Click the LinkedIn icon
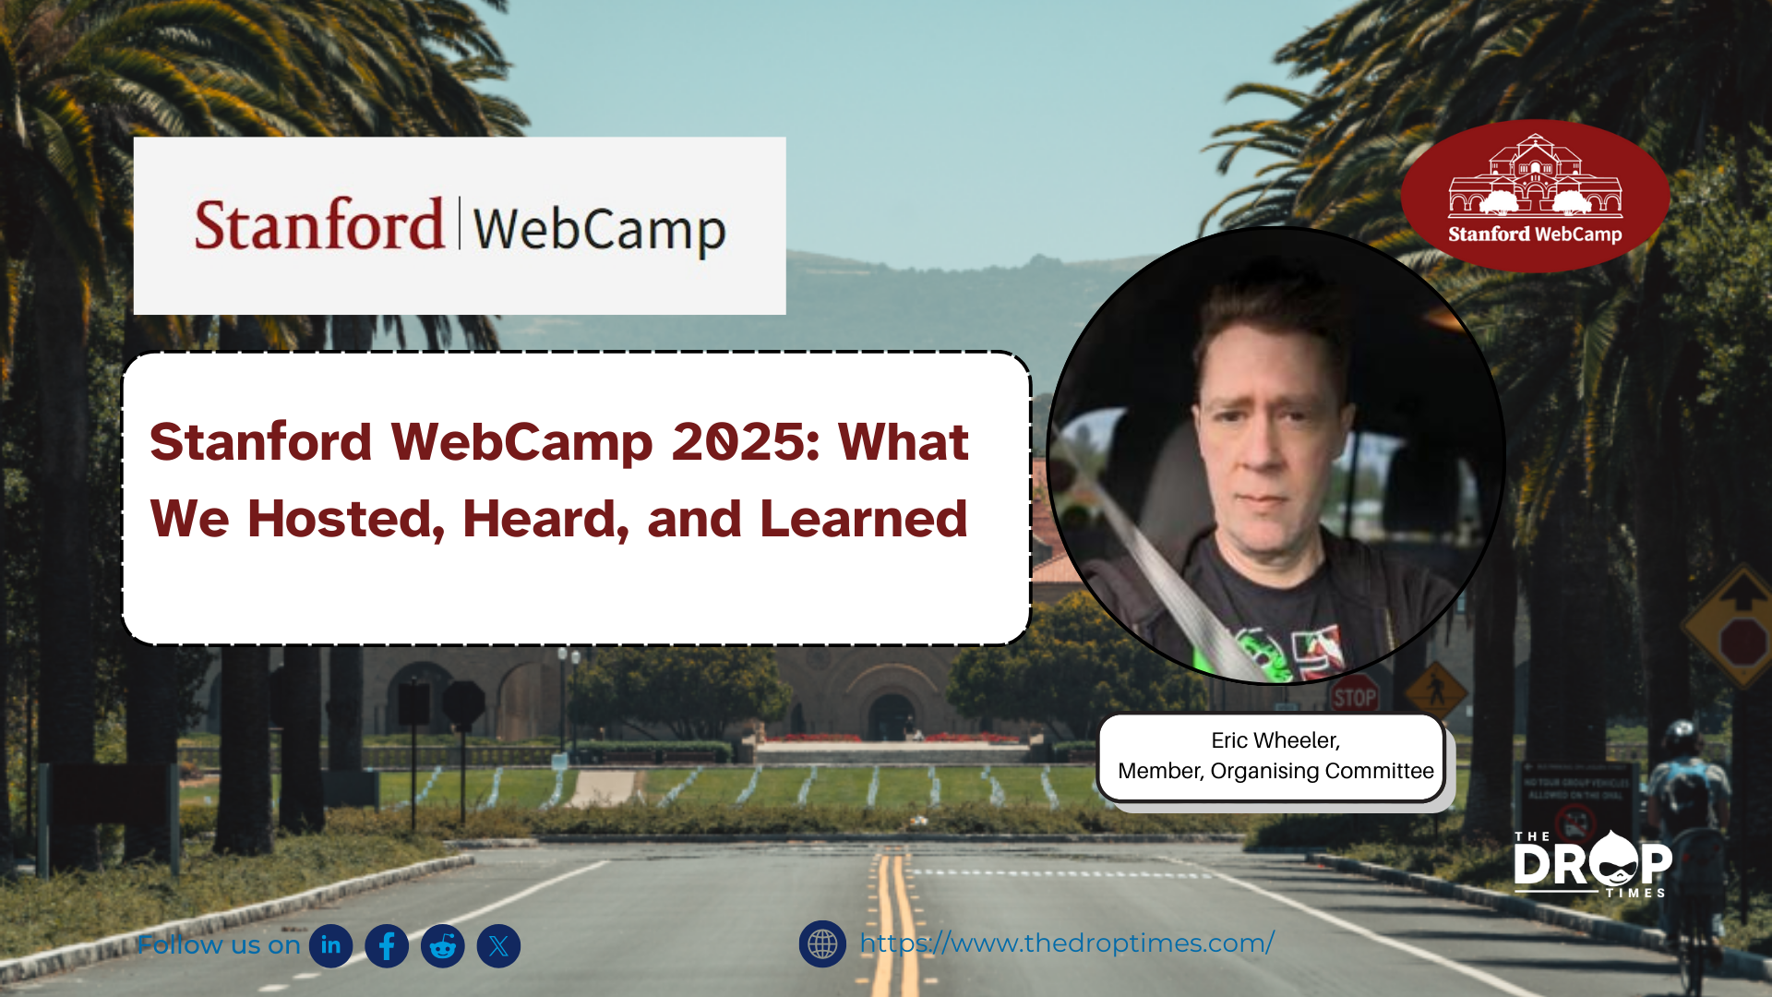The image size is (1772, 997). [x=330, y=945]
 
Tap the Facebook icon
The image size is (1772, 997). [x=387, y=945]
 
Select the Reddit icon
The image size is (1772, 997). [x=443, y=945]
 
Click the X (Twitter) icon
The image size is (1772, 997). [x=499, y=945]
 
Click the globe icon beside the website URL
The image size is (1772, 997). [x=822, y=943]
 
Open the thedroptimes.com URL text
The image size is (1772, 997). [x=1067, y=943]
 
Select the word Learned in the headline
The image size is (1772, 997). [x=863, y=519]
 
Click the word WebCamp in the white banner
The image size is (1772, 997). [x=600, y=230]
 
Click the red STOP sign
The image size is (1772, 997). [x=1354, y=697]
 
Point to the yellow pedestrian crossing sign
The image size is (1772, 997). [x=1436, y=689]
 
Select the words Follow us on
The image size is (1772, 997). [x=219, y=945]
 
